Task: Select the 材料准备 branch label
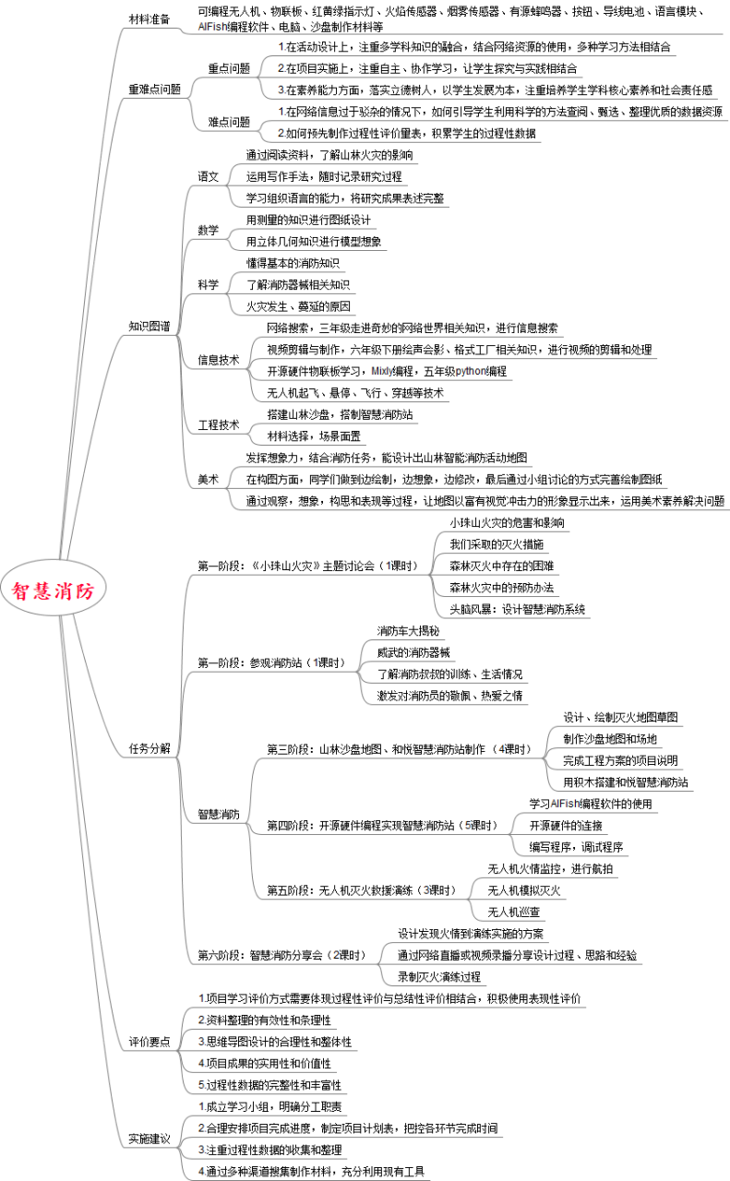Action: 148,19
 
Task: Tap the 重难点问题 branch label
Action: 154,89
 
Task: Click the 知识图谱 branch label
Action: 148,327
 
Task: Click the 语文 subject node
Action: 209,175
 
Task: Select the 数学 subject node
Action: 209,230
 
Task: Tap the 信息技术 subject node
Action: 218,360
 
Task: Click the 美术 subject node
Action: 209,479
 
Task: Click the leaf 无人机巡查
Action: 514,912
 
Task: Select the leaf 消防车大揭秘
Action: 408,631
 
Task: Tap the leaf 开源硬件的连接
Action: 566,825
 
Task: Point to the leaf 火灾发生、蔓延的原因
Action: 298,306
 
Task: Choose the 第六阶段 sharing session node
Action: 281,955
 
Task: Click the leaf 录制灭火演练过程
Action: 439,976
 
